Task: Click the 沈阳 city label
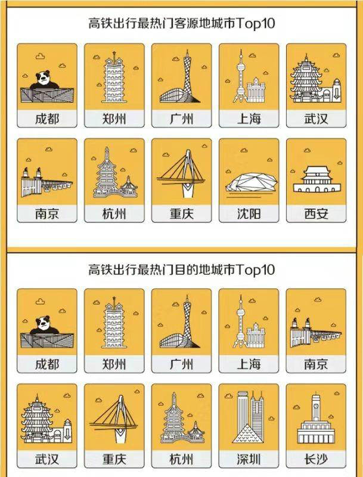pos(249,214)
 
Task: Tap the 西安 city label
pos(315,214)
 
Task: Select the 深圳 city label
pos(249,459)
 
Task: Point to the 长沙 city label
pos(315,459)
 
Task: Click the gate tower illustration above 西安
pos(315,177)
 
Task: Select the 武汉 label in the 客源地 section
pos(315,118)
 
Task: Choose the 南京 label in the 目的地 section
pos(315,363)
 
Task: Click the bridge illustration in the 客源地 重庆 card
pos(181,173)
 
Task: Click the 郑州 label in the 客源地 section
pos(114,118)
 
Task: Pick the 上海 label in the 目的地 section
pos(249,363)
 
